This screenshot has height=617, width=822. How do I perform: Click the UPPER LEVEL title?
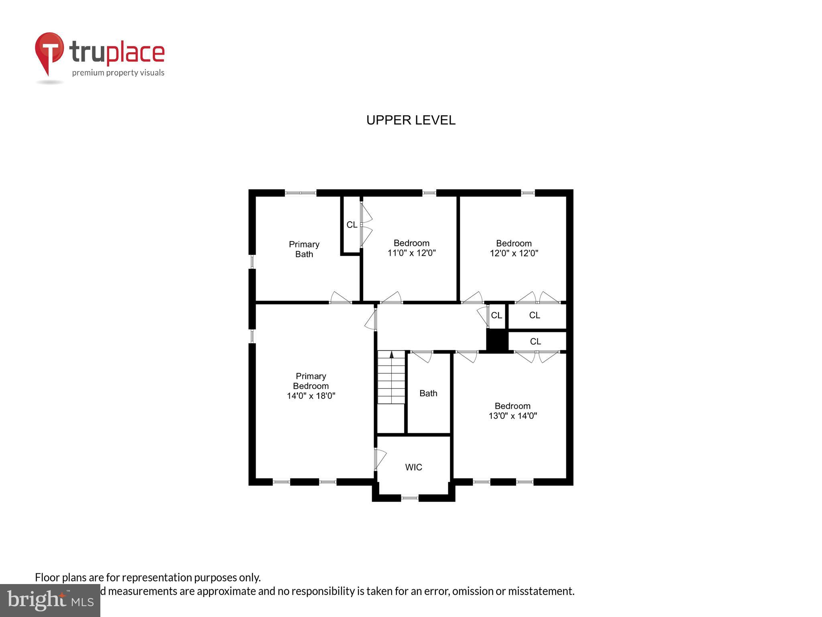coord(411,120)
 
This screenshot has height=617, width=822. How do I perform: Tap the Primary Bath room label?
coord(304,249)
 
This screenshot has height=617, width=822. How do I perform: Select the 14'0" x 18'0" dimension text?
coord(311,396)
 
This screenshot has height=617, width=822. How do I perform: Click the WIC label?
coord(413,467)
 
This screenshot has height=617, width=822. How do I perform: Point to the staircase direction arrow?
coord(392,354)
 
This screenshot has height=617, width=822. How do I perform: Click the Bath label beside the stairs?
coord(428,393)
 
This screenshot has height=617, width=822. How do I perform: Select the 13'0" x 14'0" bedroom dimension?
coord(513,416)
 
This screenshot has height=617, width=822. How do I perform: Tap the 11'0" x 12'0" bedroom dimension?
coord(411,253)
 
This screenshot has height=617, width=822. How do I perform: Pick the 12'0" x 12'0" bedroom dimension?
coord(514,253)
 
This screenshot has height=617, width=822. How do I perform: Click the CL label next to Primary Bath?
coord(352,225)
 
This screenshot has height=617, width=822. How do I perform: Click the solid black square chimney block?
coord(497,340)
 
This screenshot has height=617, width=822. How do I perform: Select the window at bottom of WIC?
coord(409,498)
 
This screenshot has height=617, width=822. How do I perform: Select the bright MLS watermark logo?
coord(50,601)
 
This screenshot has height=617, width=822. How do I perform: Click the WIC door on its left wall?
coord(379,459)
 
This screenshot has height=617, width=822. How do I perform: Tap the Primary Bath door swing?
coord(340,298)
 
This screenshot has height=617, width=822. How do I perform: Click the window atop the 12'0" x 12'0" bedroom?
coord(528,193)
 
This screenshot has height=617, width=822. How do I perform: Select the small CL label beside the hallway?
coord(496,315)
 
